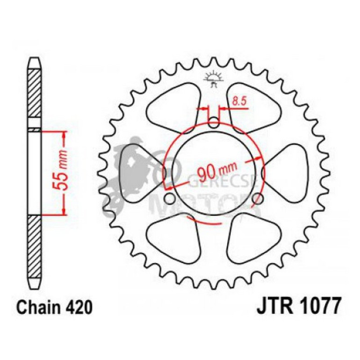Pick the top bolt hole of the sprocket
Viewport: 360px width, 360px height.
[x=213, y=123]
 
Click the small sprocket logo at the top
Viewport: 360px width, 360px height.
[x=213, y=79]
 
